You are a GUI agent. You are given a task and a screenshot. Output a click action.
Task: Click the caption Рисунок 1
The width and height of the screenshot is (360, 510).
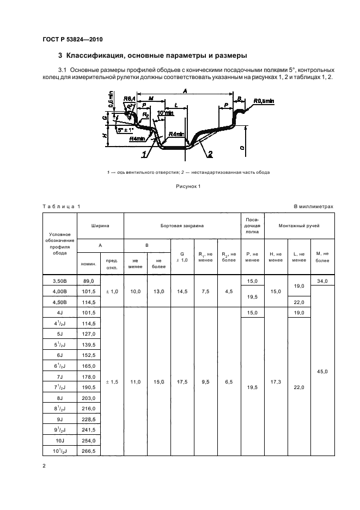(x=188, y=186)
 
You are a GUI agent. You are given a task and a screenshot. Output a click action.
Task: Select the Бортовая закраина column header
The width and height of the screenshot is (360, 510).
(x=182, y=224)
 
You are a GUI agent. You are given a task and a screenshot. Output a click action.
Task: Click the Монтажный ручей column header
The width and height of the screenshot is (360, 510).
(x=298, y=224)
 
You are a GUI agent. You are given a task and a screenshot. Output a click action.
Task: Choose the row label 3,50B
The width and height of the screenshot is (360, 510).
(x=60, y=280)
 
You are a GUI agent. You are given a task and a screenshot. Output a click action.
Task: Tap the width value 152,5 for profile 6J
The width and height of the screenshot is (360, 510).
(x=88, y=354)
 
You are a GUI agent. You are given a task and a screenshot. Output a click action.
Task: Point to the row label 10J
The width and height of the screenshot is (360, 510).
(x=60, y=440)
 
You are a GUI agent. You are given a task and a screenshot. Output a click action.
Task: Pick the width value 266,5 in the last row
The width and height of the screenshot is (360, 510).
(x=88, y=451)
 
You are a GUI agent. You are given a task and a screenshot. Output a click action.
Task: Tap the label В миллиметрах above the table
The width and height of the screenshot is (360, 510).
(x=313, y=207)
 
